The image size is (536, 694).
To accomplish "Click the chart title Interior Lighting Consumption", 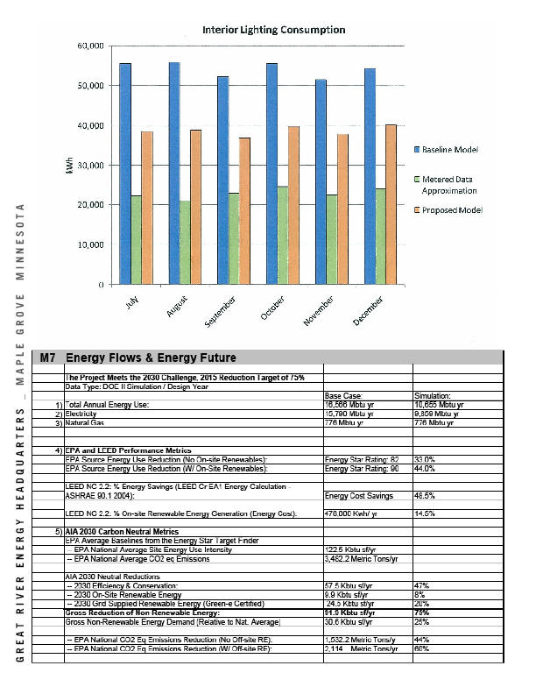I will click(273, 29).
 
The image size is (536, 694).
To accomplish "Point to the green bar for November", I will click(331, 239).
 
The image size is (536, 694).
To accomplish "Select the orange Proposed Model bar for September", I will click(244, 210).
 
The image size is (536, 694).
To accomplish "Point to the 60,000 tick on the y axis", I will click(92, 45).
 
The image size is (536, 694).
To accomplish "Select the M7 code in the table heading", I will click(50, 358).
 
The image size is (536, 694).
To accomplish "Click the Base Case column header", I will click(343, 396).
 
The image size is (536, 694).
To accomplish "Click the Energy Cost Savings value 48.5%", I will click(426, 495).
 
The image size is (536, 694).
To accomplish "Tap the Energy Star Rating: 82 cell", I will click(362, 458).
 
